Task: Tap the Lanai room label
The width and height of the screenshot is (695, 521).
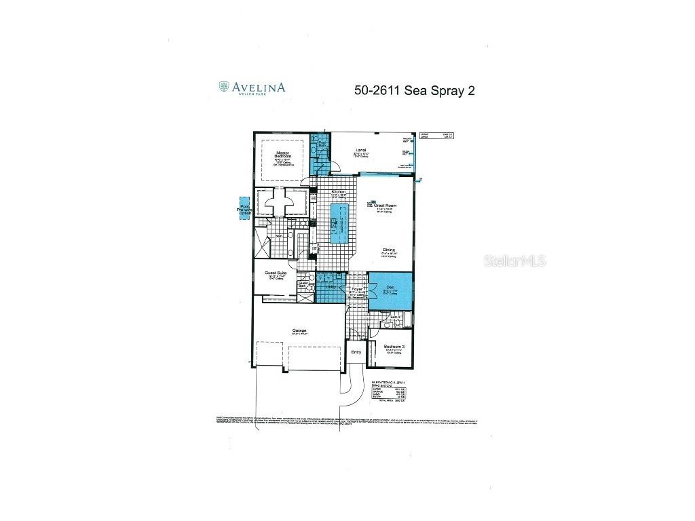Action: click(361, 151)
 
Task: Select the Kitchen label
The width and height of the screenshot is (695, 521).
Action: click(339, 192)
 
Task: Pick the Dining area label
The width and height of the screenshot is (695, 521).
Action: click(388, 250)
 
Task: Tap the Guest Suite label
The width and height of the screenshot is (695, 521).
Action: click(275, 273)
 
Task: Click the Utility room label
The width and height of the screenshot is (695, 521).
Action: click(331, 287)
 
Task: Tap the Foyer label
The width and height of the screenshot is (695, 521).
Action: click(357, 289)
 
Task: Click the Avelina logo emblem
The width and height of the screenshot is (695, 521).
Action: click(224, 87)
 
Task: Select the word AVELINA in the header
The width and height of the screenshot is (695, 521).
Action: click(259, 87)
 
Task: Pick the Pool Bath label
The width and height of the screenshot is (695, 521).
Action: click(322, 145)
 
